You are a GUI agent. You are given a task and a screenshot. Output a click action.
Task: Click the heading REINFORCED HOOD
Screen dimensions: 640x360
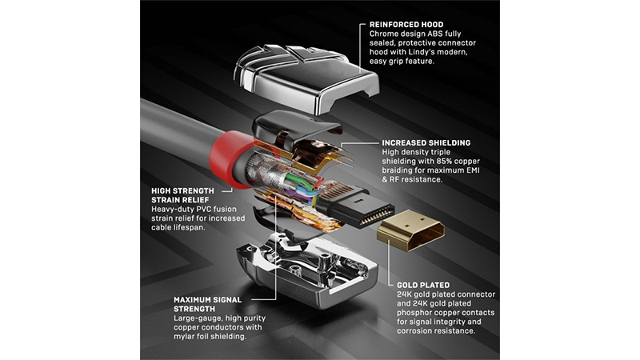406,25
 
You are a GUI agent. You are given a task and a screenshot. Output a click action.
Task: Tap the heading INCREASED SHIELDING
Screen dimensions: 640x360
426,143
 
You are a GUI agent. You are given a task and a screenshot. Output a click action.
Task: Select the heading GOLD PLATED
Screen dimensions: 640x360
423,286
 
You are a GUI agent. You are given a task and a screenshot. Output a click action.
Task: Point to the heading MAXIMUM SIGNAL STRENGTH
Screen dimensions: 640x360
207,305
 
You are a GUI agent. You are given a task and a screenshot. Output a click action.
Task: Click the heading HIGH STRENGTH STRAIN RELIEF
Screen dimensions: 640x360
182,195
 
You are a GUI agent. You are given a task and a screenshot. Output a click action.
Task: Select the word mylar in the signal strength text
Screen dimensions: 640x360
184,337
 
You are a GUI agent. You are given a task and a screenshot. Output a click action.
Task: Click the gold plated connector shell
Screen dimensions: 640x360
410,230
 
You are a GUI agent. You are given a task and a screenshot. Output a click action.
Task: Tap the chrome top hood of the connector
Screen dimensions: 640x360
306,78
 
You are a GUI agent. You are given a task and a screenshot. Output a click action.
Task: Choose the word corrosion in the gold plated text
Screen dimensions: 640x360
415,331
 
